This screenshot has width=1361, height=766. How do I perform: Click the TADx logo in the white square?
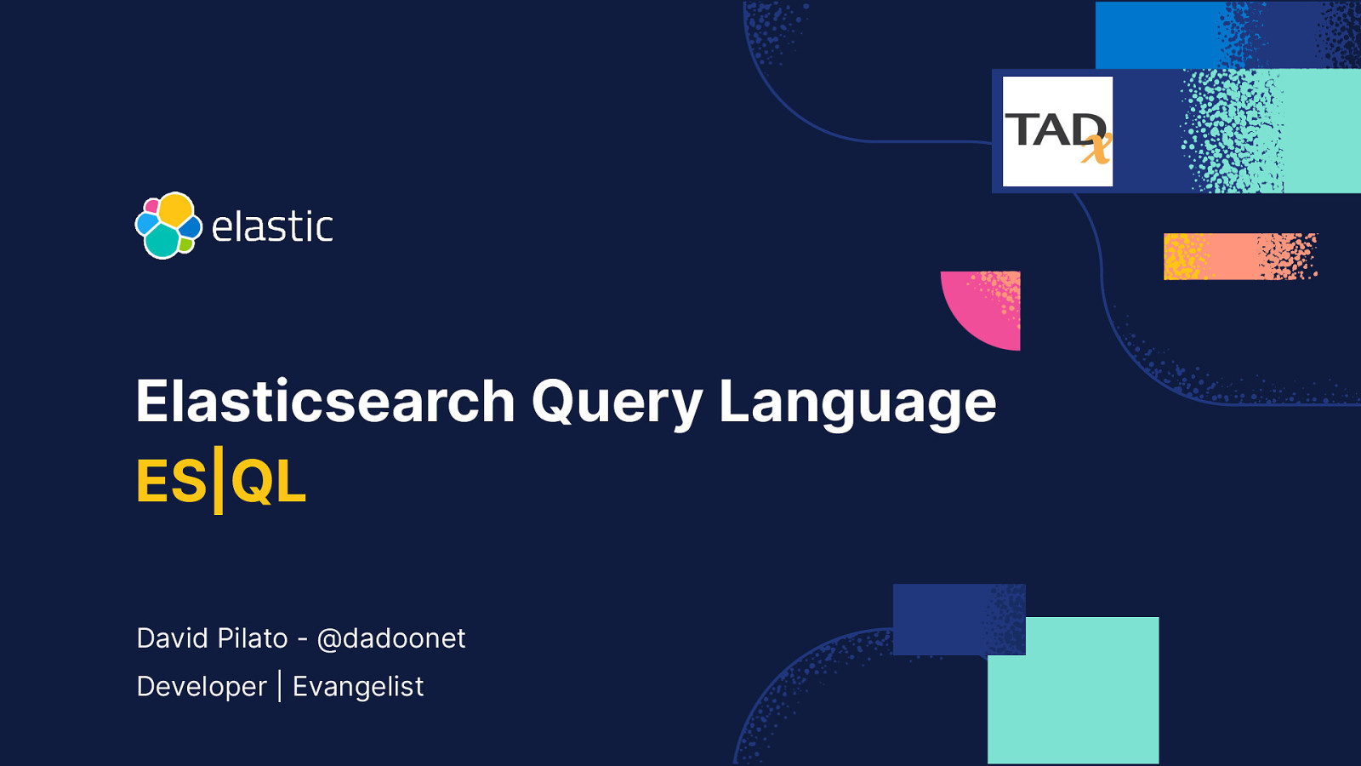pos(1057,131)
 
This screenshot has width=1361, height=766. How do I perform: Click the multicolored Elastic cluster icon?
pos(168,226)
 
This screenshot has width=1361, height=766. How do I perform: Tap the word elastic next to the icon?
pos(272,227)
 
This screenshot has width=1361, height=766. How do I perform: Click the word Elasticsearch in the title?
pos(326,402)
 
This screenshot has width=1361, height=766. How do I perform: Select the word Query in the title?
pos(617,402)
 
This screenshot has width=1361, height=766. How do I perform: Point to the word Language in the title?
pos(857,402)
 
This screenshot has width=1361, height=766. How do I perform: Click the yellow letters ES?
pos(171,482)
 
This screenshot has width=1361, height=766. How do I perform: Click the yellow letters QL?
pos(268,482)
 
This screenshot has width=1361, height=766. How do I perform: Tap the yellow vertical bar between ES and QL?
pos(218,481)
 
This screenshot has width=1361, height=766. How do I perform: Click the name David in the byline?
pos(174,638)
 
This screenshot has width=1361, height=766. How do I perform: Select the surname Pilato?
pos(253,638)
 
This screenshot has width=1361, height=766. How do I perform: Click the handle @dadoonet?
pos(391,638)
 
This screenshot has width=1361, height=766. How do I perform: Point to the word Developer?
pos(202,687)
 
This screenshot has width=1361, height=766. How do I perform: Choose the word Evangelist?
pos(358,687)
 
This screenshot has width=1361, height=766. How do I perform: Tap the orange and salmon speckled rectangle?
pos(1239,256)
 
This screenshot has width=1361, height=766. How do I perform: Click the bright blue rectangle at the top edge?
pos(1157,34)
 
